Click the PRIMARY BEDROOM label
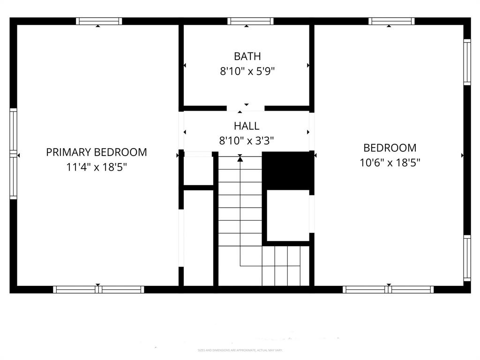point(97,152)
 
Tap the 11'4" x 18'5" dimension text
point(97,167)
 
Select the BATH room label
point(247,57)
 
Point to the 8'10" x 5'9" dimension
point(247,71)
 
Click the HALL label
point(246,126)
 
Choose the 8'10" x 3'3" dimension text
point(247,140)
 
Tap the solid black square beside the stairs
point(287,171)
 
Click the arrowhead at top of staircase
point(240,159)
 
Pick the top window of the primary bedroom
point(99,21)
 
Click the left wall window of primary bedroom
point(14,154)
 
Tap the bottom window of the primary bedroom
point(98,290)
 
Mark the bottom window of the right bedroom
point(388,290)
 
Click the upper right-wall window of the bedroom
point(467,62)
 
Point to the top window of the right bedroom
point(391,21)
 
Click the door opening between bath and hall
point(246,108)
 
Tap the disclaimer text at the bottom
point(240,350)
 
